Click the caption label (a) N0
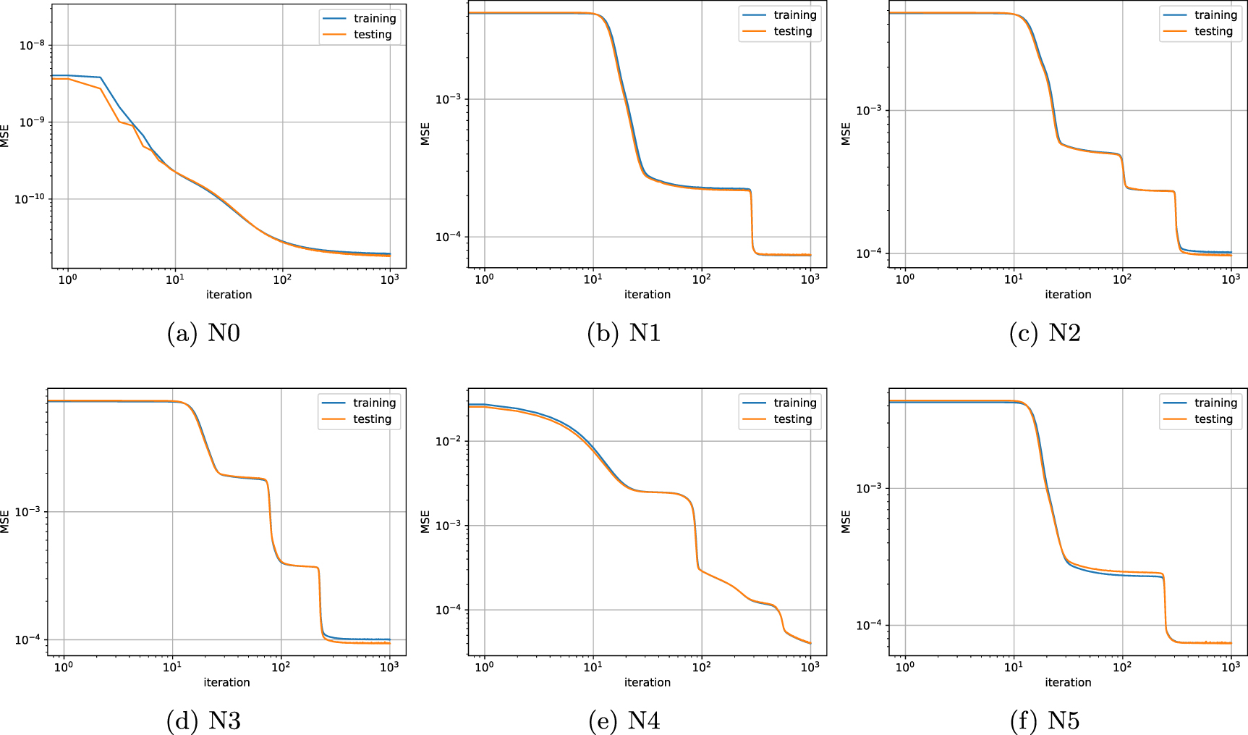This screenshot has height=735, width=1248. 203,333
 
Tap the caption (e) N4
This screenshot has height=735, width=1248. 624,721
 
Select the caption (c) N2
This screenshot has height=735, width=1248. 1045,333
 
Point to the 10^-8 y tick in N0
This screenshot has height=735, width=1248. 32,46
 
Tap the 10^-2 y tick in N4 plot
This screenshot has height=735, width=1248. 449,442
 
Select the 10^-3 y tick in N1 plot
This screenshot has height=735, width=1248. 449,99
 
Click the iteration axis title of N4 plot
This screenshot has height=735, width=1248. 648,682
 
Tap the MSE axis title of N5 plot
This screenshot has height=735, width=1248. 846,521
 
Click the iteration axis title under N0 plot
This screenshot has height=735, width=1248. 229,295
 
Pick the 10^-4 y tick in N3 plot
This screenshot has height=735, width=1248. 27,640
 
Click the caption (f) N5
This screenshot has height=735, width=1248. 1045,721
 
